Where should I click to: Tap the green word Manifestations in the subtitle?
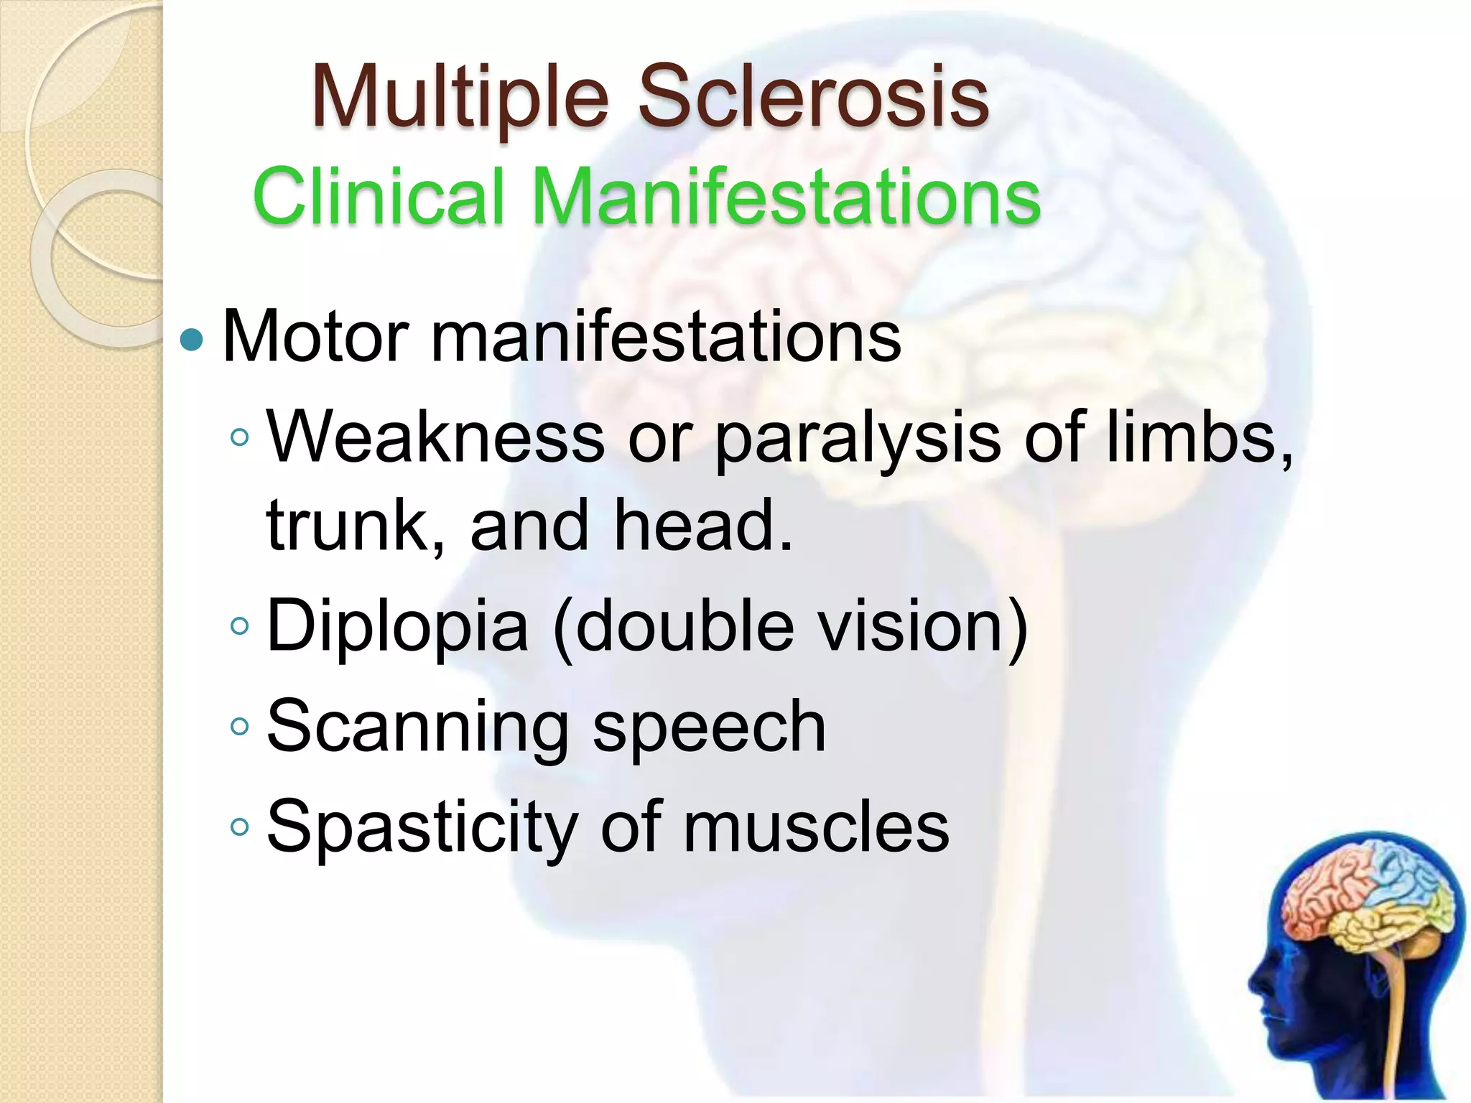(x=786, y=196)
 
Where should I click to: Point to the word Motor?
(x=316, y=336)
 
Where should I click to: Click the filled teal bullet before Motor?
(x=192, y=339)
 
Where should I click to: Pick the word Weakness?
(x=435, y=437)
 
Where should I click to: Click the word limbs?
(x=1195, y=437)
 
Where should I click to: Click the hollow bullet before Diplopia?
(x=240, y=627)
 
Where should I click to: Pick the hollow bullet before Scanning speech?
(x=240, y=727)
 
